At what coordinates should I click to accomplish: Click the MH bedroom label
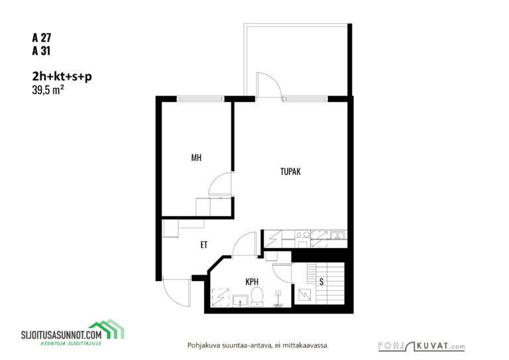pyautogui.click(x=196, y=158)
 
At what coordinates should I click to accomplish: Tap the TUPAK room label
pyautogui.click(x=290, y=172)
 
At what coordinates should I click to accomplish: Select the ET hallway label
pyautogui.click(x=204, y=245)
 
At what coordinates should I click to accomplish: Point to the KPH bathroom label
pyautogui.click(x=252, y=282)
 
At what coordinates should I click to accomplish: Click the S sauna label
pyautogui.click(x=321, y=282)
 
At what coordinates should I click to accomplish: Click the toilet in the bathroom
pyautogui.click(x=256, y=296)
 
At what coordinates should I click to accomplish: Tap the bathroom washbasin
pyautogui.click(x=240, y=300)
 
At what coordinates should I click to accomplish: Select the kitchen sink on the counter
pyautogui.click(x=337, y=235)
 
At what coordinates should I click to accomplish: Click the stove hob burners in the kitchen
pyautogui.click(x=302, y=235)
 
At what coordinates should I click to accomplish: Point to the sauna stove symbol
pyautogui.click(x=304, y=295)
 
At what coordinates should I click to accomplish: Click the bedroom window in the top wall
pyautogui.click(x=201, y=99)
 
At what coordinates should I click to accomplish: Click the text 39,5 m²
pyautogui.click(x=48, y=90)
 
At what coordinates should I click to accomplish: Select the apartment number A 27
pyautogui.click(x=42, y=38)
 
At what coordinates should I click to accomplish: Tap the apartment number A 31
pyautogui.click(x=41, y=51)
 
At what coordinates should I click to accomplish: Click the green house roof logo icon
pyautogui.click(x=107, y=328)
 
